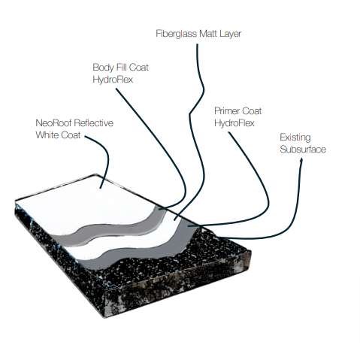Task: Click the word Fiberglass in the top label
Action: pyautogui.click(x=175, y=34)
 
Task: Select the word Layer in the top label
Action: pyautogui.click(x=231, y=34)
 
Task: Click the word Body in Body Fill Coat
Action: pyautogui.click(x=102, y=68)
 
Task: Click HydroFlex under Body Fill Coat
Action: pyautogui.click(x=113, y=80)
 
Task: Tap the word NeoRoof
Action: pyautogui.click(x=53, y=123)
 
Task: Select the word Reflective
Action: pyautogui.click(x=94, y=123)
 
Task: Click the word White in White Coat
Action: pyautogui.click(x=47, y=135)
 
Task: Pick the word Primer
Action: pyautogui.click(x=226, y=111)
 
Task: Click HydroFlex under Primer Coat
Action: pyautogui.click(x=234, y=123)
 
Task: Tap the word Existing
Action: pyautogui.click(x=295, y=138)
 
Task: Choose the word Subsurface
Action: pyautogui.click(x=303, y=150)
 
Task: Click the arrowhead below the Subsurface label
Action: pyautogui.click(x=301, y=160)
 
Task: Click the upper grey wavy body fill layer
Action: pyautogui.click(x=118, y=231)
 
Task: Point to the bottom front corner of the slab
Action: pyautogui.click(x=104, y=318)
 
